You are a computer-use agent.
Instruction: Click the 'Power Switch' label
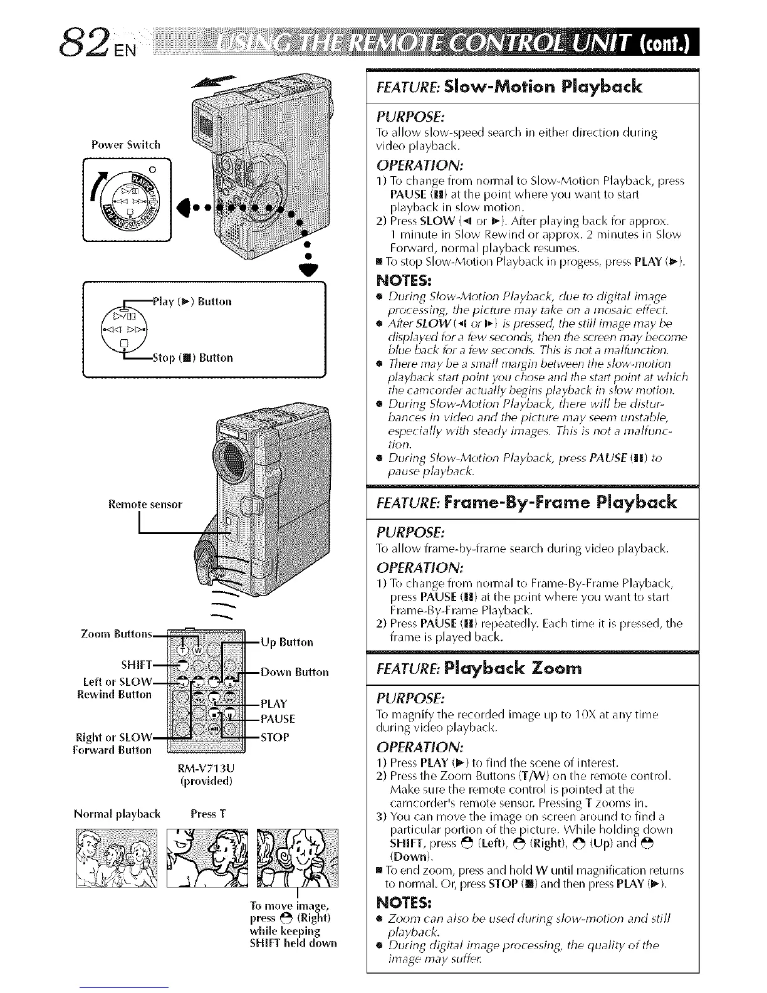pos(125,145)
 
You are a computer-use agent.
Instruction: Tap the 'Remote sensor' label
pos(145,503)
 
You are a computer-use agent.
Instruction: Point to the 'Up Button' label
pos(286,642)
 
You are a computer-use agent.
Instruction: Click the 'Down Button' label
pos(294,673)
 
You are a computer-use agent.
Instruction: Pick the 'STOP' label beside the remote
pos(274,737)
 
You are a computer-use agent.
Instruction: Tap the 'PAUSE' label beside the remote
pos(277,719)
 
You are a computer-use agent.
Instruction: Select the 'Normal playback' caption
pos(117,814)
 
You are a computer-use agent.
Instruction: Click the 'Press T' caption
pos(208,814)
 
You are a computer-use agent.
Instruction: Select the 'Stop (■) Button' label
pos(192,358)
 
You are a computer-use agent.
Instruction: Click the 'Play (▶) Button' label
pos(192,302)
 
